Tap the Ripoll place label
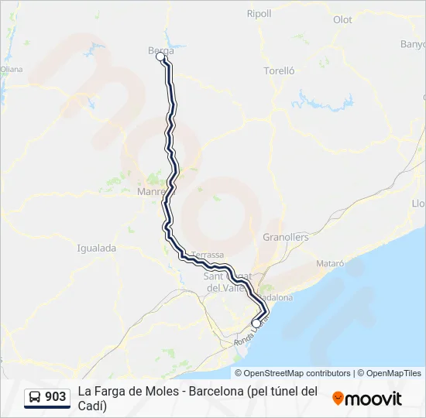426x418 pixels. [259, 14]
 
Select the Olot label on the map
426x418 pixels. [342, 19]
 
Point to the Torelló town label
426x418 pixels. [280, 70]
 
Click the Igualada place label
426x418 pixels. [96, 248]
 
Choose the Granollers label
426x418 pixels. [286, 237]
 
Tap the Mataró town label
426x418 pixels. [330, 264]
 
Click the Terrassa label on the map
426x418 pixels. [207, 255]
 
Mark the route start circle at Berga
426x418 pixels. [160, 57]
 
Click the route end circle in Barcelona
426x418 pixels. [256, 324]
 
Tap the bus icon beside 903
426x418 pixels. [35, 397]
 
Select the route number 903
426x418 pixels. [56, 397]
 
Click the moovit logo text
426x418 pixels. [373, 399]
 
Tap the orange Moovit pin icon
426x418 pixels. [338, 398]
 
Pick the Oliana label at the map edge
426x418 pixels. [11, 69]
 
